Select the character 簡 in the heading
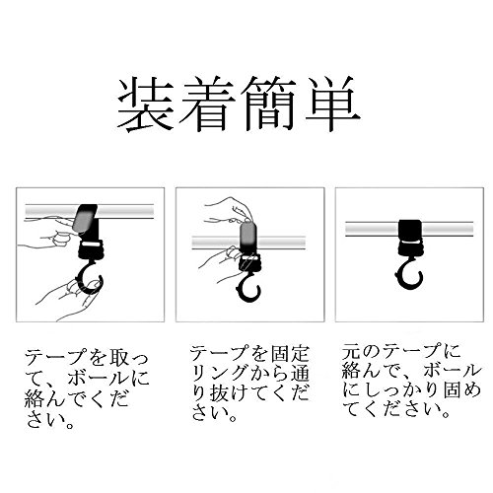(269, 104)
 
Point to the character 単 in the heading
(331, 104)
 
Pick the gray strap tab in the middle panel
(247, 235)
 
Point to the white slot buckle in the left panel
(90, 245)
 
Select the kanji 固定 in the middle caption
(290, 354)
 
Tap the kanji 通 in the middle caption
(300, 374)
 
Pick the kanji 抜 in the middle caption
(219, 392)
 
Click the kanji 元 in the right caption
(351, 352)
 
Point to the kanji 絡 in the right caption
(351, 371)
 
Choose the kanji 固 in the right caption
(454, 389)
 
